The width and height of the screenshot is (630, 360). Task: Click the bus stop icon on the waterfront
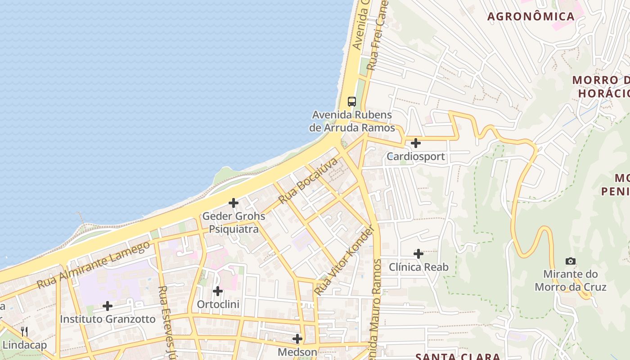tap(352, 102)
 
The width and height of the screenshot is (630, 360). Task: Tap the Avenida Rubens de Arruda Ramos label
tap(352, 121)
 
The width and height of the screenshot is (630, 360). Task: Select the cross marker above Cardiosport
tap(416, 143)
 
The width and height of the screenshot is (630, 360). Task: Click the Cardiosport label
tap(416, 157)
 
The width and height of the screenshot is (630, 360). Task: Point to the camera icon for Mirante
tap(570, 261)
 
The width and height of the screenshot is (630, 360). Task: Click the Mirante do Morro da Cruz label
tap(570, 280)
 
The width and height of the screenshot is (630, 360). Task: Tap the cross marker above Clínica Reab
tap(418, 254)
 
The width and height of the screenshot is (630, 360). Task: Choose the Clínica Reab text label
tap(418, 267)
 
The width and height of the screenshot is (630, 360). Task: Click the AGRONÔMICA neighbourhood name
tap(531, 17)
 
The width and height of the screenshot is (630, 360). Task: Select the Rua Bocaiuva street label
tap(308, 180)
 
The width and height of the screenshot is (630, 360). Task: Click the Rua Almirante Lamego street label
tap(93, 265)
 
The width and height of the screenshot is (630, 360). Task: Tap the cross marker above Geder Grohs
tap(234, 203)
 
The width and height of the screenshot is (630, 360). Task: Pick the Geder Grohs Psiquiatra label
tap(234, 223)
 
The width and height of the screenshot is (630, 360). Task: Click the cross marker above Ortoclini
tap(218, 291)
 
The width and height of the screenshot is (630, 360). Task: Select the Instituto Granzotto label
tap(108, 319)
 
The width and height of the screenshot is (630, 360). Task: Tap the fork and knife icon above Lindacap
tap(24, 332)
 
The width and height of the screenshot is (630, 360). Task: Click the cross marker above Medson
tap(297, 338)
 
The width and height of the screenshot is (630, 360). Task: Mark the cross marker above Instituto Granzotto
tap(108, 306)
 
